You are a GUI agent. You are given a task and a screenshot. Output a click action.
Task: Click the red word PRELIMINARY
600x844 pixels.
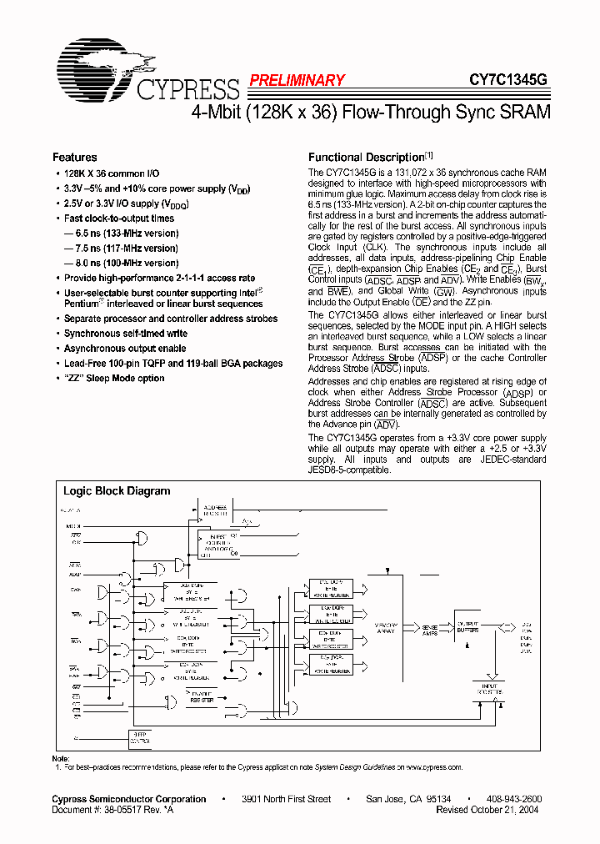(296, 80)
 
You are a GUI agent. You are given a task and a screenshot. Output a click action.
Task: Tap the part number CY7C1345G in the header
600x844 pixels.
(507, 80)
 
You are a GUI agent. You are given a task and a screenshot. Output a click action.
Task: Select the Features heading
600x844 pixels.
(74, 157)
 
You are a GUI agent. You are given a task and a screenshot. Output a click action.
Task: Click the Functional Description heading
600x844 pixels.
(367, 157)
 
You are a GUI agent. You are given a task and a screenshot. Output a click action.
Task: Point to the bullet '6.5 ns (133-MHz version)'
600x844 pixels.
(121, 234)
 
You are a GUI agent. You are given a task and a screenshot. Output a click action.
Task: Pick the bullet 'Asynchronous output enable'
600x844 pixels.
(125, 349)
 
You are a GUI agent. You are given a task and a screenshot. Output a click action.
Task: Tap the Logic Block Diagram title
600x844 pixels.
(117, 491)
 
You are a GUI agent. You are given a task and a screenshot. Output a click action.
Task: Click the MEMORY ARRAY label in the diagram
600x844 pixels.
(385, 627)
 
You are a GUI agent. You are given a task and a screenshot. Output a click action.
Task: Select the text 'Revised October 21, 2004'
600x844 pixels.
(487, 809)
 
